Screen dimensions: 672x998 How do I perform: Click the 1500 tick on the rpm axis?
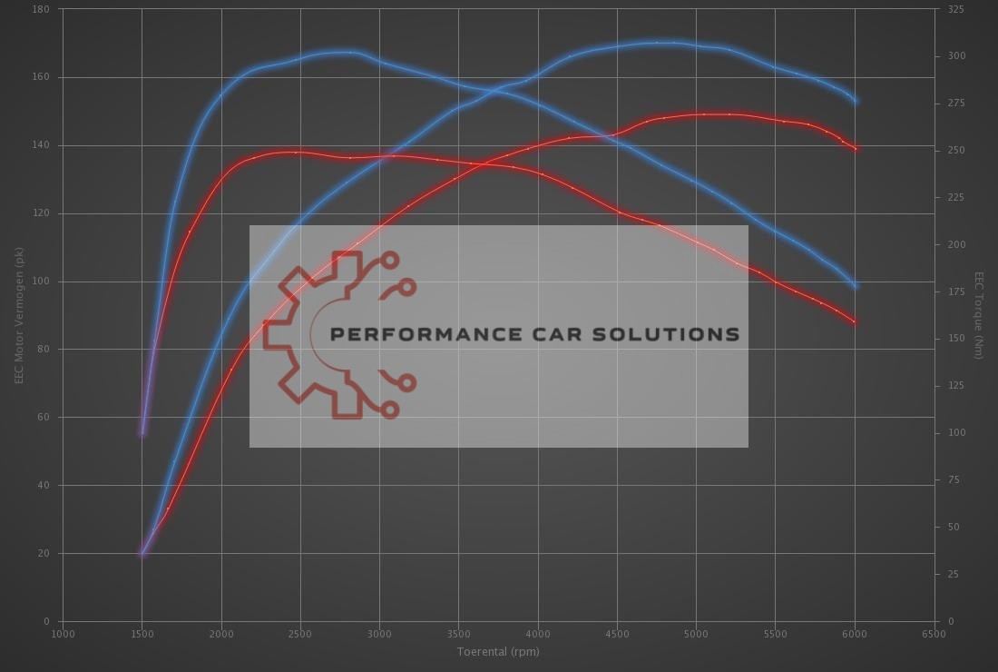(142, 634)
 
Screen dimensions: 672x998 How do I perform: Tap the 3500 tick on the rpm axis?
(458, 634)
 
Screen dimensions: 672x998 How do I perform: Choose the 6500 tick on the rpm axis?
(934, 634)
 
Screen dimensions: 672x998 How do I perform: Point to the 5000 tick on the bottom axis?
(696, 634)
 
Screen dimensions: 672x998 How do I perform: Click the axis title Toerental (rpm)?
(498, 651)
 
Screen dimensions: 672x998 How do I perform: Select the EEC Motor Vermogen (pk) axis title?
(19, 315)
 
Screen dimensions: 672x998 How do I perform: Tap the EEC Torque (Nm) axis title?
(979, 315)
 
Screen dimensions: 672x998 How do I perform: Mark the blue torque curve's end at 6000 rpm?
(855, 287)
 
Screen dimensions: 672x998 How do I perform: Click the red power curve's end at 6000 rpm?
(856, 149)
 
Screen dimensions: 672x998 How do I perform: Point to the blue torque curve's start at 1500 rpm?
(142, 433)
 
